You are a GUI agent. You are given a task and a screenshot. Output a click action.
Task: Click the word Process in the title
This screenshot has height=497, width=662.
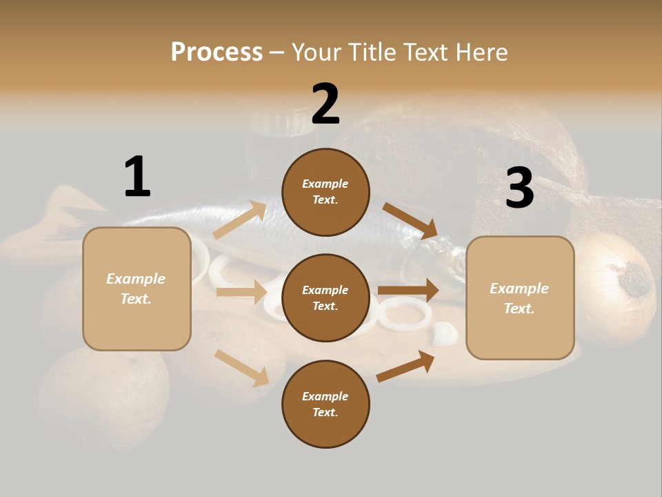(x=217, y=52)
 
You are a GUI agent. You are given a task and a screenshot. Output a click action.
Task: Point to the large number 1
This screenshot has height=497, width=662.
(x=137, y=177)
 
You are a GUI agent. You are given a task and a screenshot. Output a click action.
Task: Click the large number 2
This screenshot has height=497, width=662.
(x=325, y=104)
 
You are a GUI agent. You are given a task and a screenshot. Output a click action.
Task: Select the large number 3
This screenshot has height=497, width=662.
(x=519, y=188)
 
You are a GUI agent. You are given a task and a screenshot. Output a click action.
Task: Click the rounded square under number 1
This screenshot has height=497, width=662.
(x=137, y=289)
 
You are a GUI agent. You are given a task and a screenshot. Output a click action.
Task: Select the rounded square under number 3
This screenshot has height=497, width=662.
(x=520, y=298)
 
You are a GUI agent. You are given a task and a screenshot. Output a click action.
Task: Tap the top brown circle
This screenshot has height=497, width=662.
(x=325, y=192)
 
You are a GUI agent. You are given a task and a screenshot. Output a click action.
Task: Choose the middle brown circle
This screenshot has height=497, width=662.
(x=325, y=298)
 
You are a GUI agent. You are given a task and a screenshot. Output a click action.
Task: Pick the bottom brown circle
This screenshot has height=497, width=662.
(x=325, y=405)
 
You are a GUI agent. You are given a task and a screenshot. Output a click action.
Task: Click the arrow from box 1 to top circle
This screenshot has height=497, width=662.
(x=240, y=220)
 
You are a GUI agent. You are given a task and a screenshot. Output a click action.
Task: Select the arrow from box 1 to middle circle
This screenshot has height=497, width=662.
(x=241, y=292)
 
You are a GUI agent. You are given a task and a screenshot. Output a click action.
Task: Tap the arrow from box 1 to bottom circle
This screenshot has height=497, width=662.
(x=242, y=367)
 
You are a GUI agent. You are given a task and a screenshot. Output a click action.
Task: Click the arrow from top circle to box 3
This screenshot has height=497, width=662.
(x=410, y=220)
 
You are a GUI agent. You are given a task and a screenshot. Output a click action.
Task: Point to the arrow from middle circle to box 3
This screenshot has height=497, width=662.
(x=408, y=290)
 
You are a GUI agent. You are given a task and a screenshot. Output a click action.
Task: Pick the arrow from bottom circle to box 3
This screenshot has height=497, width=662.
(x=405, y=366)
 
